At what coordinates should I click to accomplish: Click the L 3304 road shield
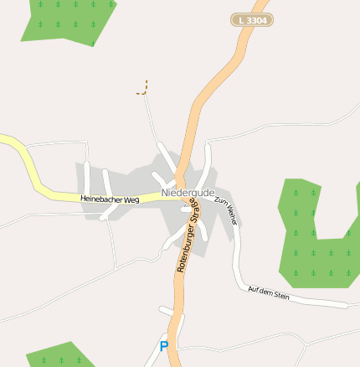tap(252, 19)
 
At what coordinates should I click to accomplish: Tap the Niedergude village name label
tap(188, 193)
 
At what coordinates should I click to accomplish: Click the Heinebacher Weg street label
tap(110, 199)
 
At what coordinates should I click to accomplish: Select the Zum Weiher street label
tap(227, 211)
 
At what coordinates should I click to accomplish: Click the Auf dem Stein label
tap(269, 292)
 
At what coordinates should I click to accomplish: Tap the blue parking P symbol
tap(164, 345)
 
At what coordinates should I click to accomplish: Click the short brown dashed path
tap(143, 88)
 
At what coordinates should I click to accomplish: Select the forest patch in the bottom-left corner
tap(59, 356)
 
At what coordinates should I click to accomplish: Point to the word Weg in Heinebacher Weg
tap(131, 200)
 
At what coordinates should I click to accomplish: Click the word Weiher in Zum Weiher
tap(231, 216)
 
